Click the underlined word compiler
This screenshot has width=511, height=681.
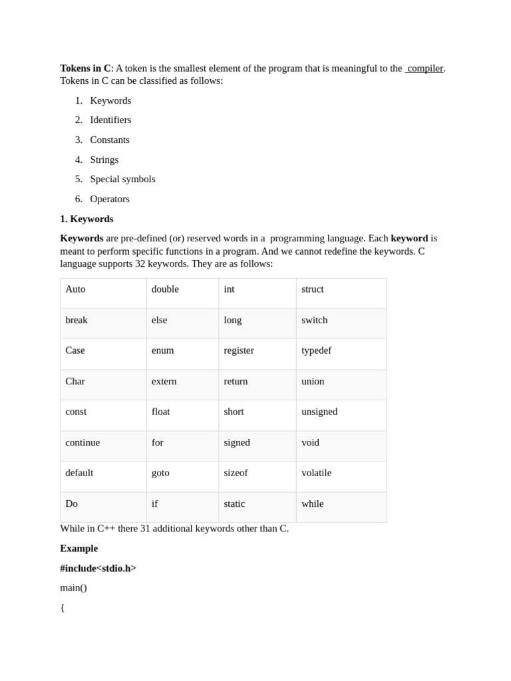coord(425,68)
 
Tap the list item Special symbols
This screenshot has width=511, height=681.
coord(122,180)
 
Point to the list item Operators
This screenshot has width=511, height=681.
coord(110,199)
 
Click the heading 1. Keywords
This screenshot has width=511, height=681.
coord(86,219)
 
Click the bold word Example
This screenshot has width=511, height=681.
coord(79,549)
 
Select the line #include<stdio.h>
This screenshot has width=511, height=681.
coord(98,569)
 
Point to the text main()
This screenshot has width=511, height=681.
coord(73,588)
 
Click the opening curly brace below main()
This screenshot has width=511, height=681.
coord(63,608)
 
